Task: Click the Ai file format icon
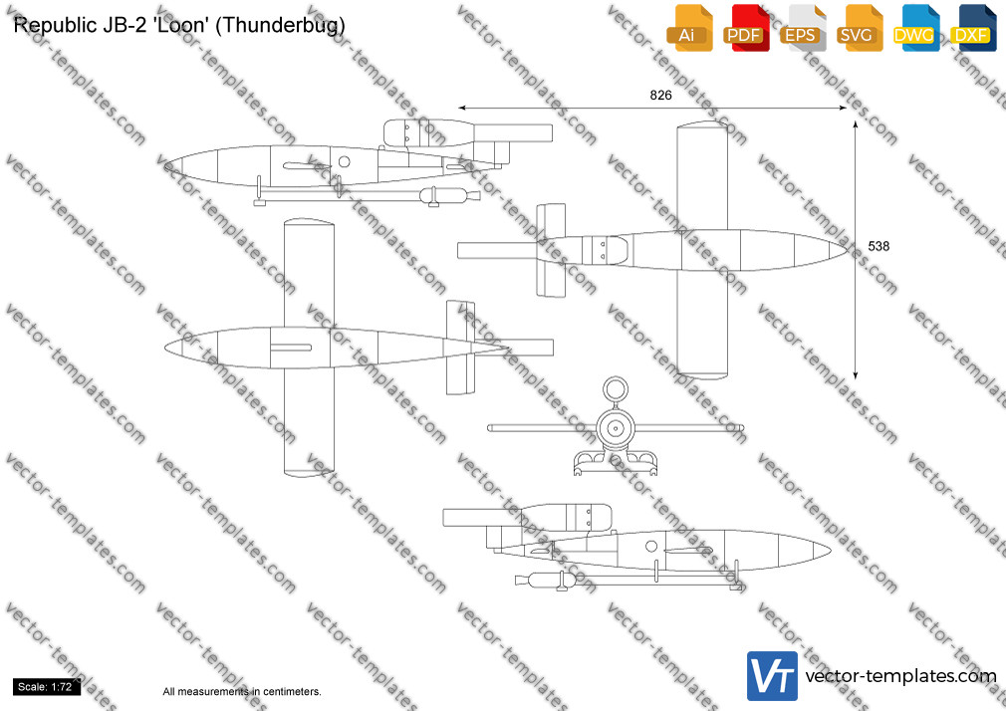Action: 690,28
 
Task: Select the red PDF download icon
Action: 747,28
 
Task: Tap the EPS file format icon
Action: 803,28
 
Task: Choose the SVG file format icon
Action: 860,28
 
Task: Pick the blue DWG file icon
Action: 916,28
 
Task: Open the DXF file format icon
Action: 973,28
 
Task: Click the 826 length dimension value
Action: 660,95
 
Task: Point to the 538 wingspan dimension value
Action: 879,246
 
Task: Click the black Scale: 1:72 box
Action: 46,687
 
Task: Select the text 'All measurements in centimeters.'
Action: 242,692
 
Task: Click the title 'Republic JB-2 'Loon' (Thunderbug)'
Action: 179,25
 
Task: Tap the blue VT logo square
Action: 773,676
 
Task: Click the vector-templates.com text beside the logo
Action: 900,676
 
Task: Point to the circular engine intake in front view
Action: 616,387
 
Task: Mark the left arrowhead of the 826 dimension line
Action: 461,108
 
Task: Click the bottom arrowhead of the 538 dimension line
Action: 856,375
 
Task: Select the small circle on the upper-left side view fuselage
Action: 344,161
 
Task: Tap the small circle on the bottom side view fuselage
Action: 651,546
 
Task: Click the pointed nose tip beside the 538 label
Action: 848,250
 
